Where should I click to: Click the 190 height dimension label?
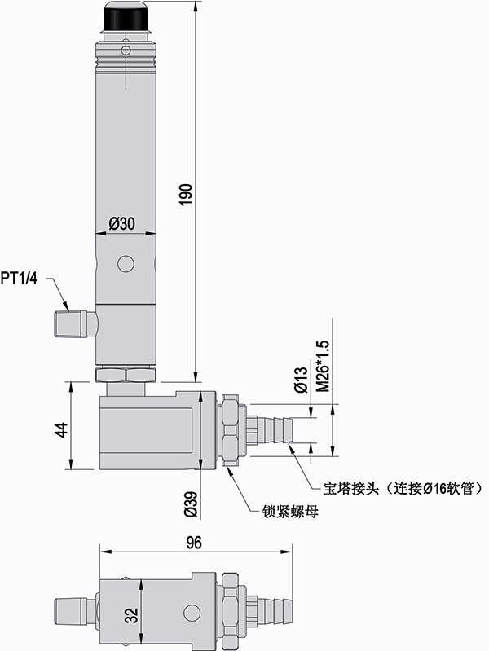tap(186, 195)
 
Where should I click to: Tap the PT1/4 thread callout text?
tap(20, 279)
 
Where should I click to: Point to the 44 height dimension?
tap(59, 429)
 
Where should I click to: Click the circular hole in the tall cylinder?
tap(126, 264)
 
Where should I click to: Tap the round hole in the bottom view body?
tap(192, 612)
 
